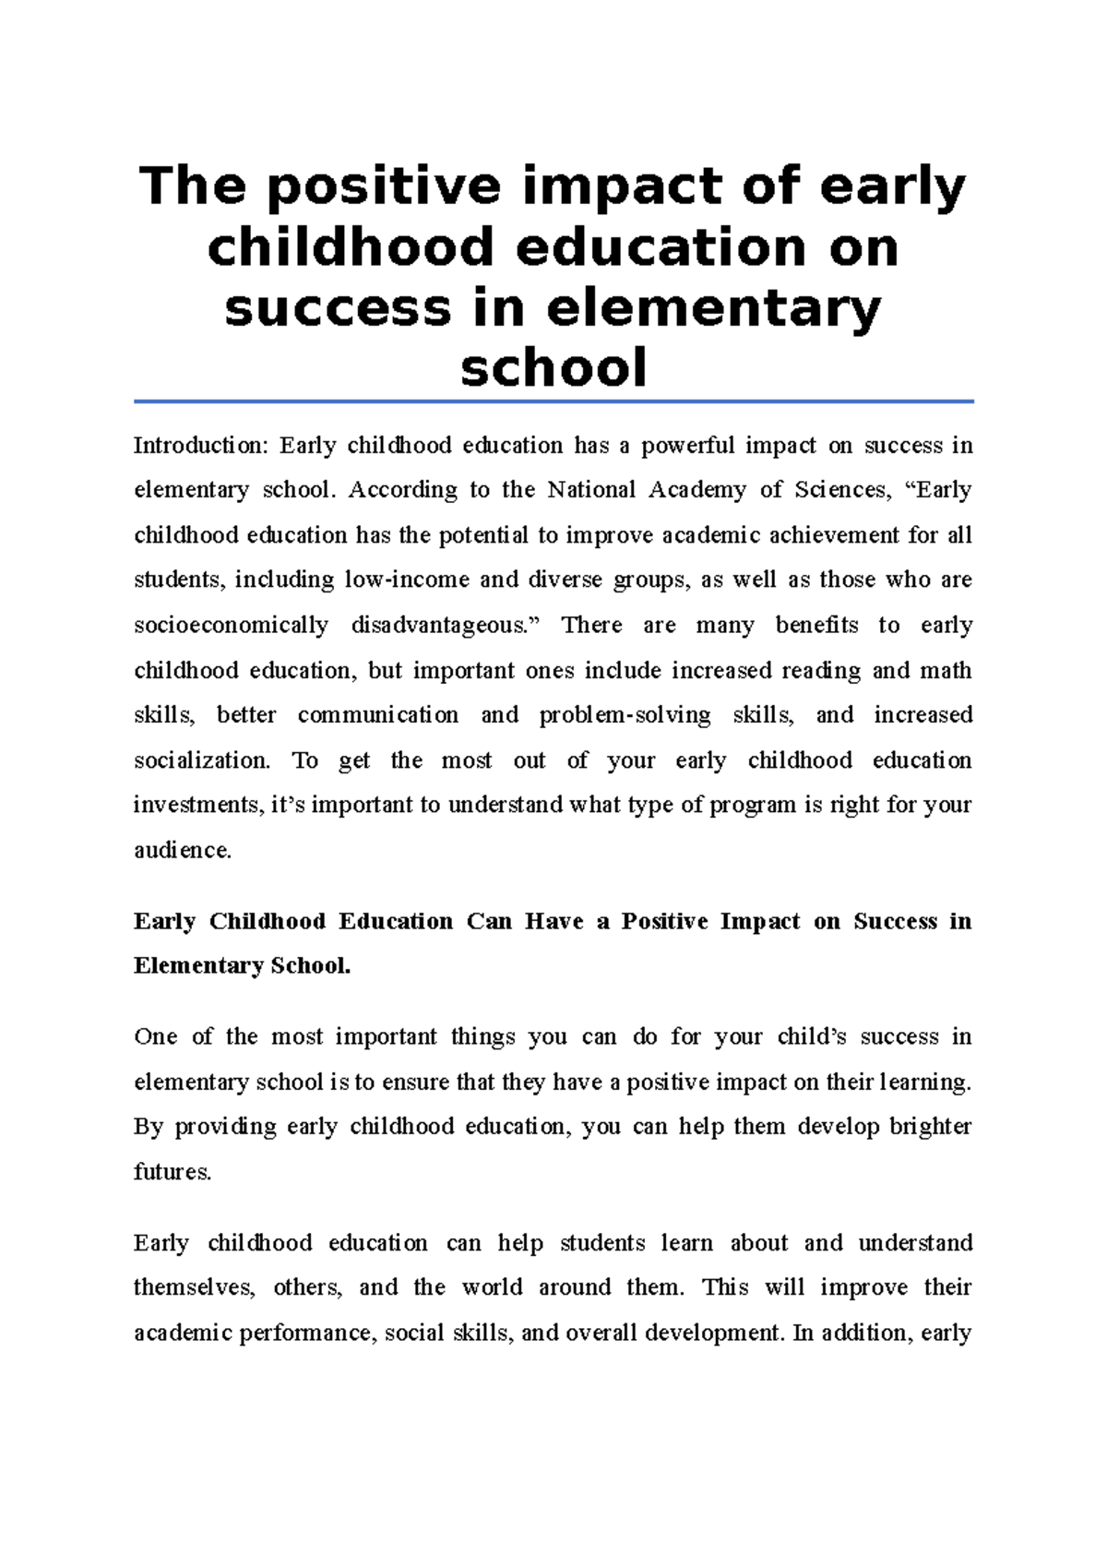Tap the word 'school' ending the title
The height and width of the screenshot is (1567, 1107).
pyautogui.click(x=553, y=367)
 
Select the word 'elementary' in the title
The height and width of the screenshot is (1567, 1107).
pyautogui.click(x=714, y=308)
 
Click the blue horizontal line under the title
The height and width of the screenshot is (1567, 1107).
pyautogui.click(x=553, y=401)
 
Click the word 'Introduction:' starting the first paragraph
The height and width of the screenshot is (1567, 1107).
pyautogui.click(x=200, y=446)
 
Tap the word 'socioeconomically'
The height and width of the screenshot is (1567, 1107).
pyautogui.click(x=231, y=626)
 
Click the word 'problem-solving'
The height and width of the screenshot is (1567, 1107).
pyautogui.click(x=625, y=715)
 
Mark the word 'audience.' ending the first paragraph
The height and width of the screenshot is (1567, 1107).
pyautogui.click(x=183, y=850)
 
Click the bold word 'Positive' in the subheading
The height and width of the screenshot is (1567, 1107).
pyautogui.click(x=664, y=921)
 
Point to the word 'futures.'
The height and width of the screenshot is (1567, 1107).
pyautogui.click(x=173, y=1172)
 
